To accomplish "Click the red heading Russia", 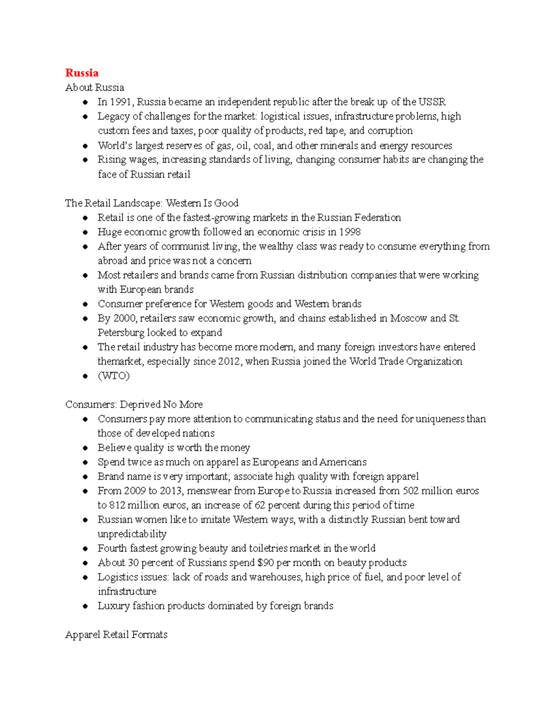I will point(82,73).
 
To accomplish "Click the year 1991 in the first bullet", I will point(120,102).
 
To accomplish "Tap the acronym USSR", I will point(432,102).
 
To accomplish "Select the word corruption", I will point(390,131).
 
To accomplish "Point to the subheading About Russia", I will point(95,88).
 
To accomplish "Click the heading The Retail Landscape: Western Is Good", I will point(152,203).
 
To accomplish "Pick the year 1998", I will point(350,231).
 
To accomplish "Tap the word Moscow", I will point(408,318).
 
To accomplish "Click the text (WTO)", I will point(114,375).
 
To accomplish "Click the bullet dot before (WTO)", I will point(85,376).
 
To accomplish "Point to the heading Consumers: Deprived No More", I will point(134,404).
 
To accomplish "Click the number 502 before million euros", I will point(411,491).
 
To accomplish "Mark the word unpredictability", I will point(132,534).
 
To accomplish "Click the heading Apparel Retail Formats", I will point(116,634).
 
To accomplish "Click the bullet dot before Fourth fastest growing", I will point(85,549).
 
